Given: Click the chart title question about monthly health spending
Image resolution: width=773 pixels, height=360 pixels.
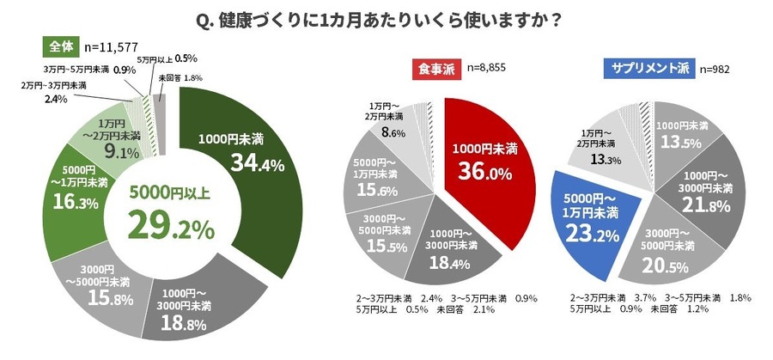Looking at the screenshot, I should [386, 18].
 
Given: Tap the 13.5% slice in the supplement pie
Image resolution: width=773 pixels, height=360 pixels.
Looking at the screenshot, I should [683, 133].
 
